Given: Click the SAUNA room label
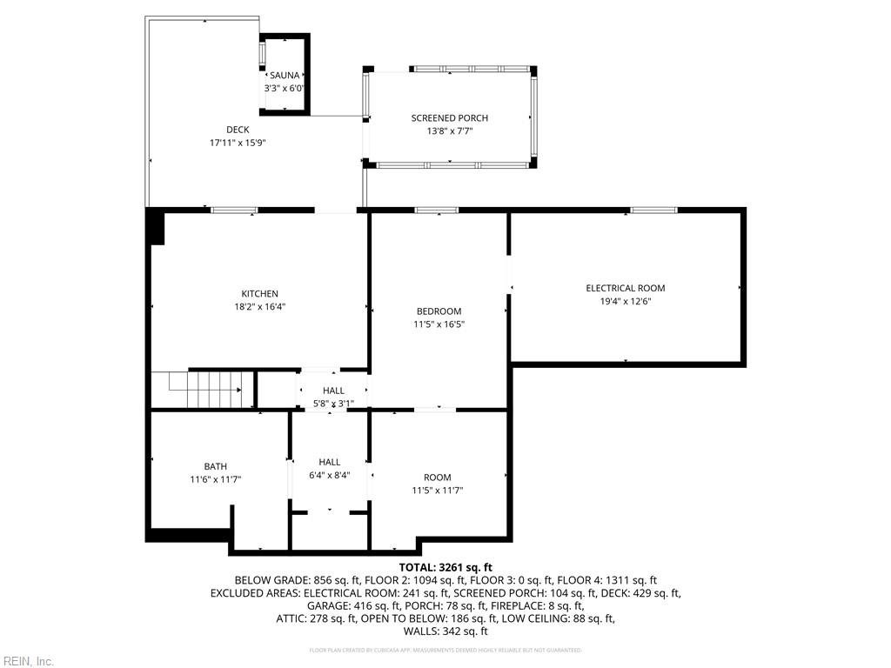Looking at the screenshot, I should point(285,76).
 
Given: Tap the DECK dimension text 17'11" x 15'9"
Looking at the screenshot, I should point(238,143).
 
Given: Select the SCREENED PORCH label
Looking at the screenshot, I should point(449,118).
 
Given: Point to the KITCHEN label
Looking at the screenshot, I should point(259,294).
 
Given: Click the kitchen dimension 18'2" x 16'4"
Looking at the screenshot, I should point(259,306).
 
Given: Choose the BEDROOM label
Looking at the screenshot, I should point(439,311).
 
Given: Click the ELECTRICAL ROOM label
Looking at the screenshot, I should point(625,288).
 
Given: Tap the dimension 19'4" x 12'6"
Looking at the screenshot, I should point(625,301).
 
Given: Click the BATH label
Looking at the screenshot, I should point(215,467).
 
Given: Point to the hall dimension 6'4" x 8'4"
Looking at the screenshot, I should point(329,475).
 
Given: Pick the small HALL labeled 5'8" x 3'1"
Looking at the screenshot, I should point(333,391).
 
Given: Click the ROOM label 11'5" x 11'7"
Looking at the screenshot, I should point(437,478).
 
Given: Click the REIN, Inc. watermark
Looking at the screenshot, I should point(28,661).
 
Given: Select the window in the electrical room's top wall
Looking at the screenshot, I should point(653,210).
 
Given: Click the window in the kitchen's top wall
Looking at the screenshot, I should point(234,210).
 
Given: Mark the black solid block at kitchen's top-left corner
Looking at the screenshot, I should point(156,227).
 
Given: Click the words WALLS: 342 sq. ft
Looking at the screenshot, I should point(445,631).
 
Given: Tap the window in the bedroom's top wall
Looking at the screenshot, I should point(436,210).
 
